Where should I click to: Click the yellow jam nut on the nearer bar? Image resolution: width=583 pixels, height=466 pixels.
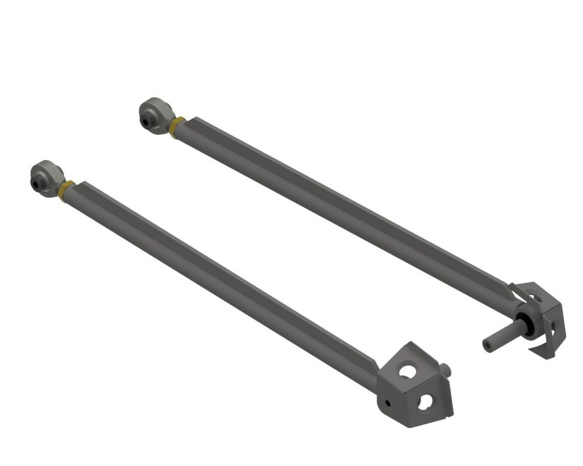[65, 190]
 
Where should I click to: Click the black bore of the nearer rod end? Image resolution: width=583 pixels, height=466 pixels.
[37, 185]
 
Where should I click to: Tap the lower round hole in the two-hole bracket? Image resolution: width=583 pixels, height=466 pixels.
[425, 401]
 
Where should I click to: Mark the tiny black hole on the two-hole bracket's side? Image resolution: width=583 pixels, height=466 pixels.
[388, 403]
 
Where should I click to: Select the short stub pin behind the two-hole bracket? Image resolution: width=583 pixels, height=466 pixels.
[447, 369]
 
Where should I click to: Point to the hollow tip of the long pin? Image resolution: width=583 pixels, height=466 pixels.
[487, 345]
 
